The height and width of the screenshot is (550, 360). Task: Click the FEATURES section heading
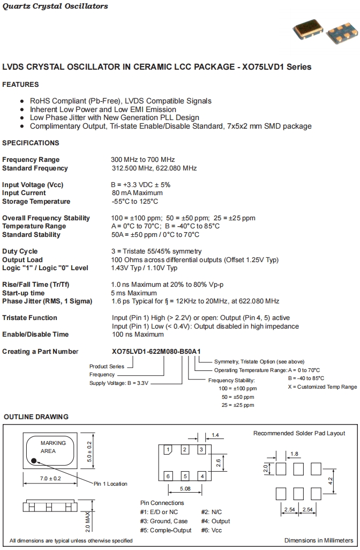click(20, 85)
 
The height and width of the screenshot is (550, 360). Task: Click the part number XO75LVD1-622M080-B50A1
click(156, 352)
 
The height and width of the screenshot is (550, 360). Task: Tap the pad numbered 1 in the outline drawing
click(168, 450)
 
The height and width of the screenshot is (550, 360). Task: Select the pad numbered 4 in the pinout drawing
click(201, 476)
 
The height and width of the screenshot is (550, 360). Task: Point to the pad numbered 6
click(168, 476)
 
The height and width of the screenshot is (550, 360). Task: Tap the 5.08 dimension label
click(185, 488)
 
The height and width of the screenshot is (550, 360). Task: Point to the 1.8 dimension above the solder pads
click(294, 454)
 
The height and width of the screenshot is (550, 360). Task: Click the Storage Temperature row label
click(36, 202)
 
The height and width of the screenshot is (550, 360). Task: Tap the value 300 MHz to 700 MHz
click(142, 160)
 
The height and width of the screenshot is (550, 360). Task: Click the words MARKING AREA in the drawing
click(53, 447)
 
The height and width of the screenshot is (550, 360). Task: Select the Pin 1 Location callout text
click(110, 484)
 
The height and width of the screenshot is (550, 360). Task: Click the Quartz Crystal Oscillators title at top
click(55, 6)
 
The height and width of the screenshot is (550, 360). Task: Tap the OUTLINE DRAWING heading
click(36, 417)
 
